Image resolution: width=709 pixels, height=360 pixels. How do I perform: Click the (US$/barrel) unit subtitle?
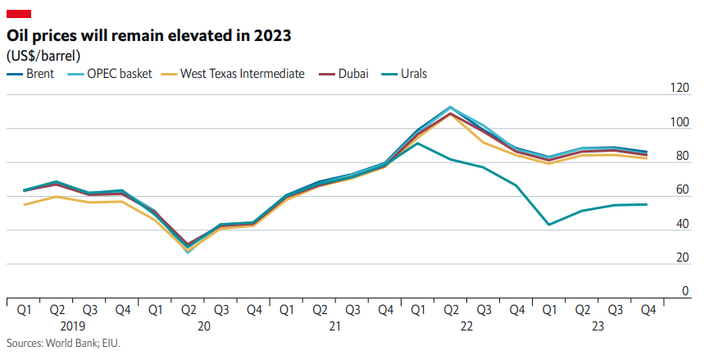point(49,56)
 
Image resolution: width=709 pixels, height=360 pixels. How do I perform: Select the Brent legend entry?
point(31,74)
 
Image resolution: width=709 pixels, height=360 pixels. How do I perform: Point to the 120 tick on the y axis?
point(679,89)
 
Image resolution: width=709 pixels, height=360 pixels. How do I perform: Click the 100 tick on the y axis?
point(679,122)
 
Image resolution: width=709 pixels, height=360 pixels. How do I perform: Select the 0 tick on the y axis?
point(686,292)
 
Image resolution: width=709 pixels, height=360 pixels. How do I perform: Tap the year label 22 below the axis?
point(466,326)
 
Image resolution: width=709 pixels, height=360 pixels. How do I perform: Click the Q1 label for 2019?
point(24,310)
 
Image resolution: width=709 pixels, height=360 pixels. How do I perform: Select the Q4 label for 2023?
point(647,310)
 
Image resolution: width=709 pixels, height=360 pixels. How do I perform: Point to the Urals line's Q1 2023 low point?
point(548,224)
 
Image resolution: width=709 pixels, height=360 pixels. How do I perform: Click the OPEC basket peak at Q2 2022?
point(450,107)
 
